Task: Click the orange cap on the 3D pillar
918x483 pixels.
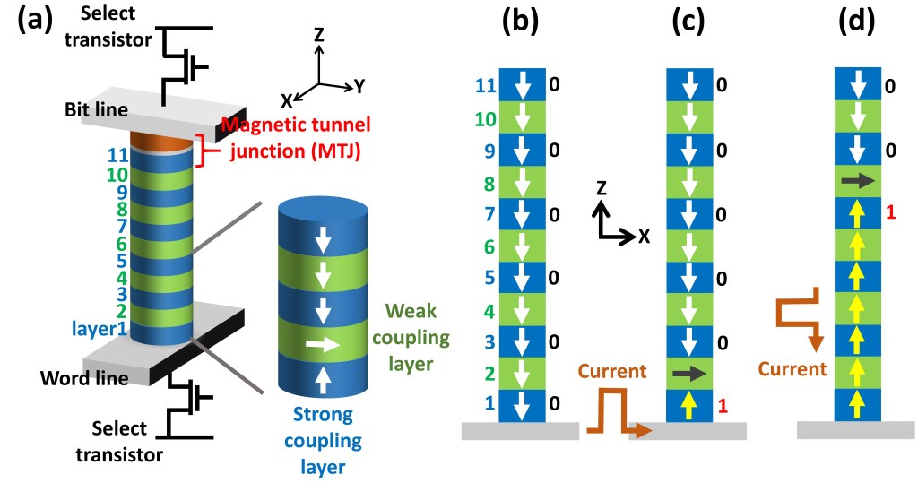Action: [x=162, y=141]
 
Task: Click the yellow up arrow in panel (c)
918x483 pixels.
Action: [x=688, y=406]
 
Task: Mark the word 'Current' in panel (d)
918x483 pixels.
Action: [x=792, y=368]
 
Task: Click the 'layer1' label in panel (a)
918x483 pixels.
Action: [x=94, y=329]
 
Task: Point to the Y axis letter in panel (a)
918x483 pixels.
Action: [x=359, y=86]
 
